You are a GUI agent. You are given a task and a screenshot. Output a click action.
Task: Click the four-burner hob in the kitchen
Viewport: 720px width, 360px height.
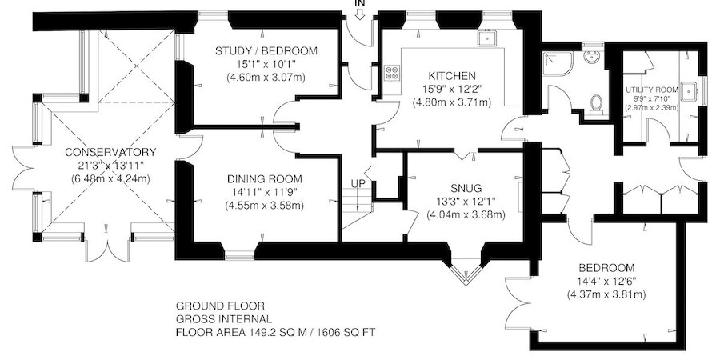tap(393, 73)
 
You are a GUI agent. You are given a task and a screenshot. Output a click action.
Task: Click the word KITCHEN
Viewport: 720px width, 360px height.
tap(451, 74)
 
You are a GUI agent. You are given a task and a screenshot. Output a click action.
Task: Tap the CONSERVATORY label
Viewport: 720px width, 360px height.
tap(88, 152)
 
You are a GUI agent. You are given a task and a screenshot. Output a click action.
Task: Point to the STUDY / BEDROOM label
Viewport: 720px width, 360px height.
tap(266, 51)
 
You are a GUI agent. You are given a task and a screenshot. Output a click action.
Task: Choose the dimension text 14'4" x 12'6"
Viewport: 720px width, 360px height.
tap(606, 281)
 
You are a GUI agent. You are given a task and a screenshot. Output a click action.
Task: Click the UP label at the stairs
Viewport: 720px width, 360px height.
tap(358, 185)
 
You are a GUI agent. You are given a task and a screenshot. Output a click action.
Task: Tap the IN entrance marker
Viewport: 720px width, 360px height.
tap(360, 3)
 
